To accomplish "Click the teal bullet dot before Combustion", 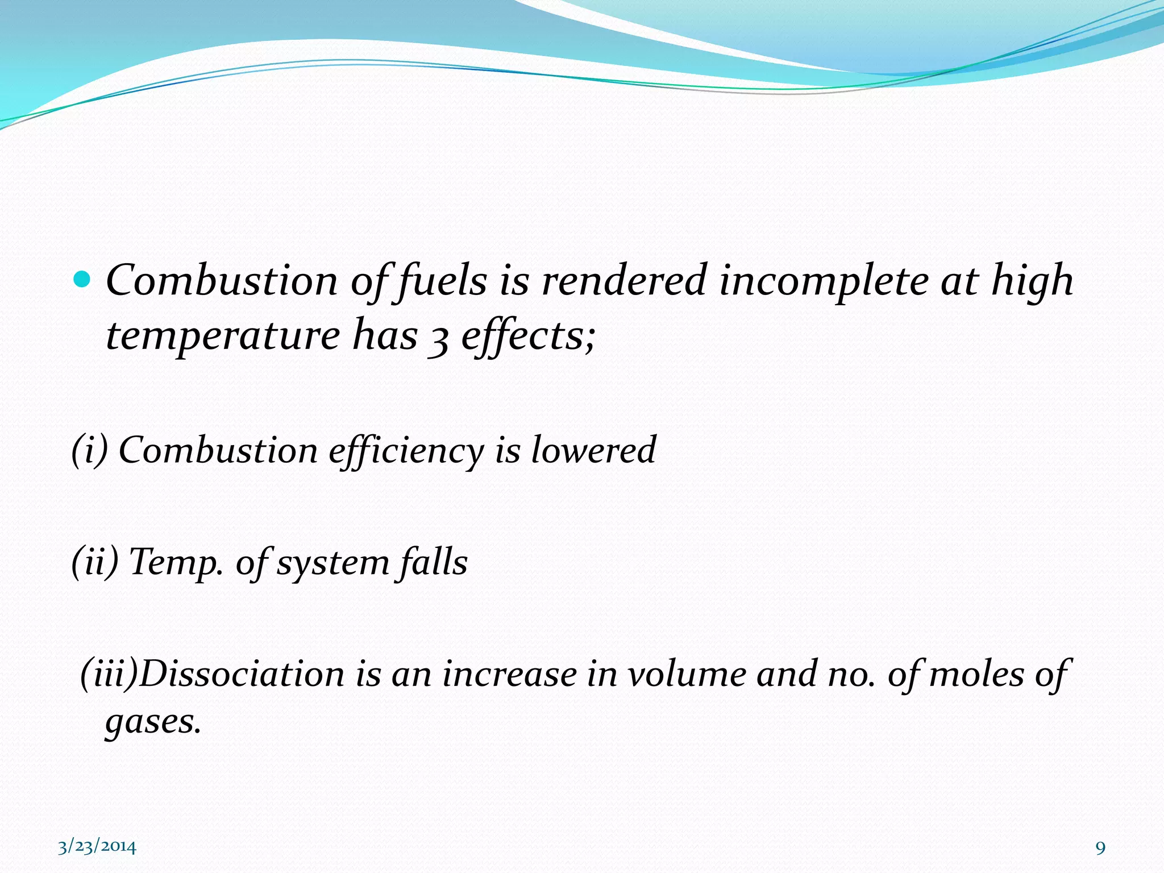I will tap(82, 280).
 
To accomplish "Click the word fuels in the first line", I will tap(442, 281).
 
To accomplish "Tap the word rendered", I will tap(624, 281).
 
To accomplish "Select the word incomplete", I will tap(824, 281).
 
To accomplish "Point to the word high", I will tap(1032, 282).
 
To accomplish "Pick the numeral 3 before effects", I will tap(438, 339).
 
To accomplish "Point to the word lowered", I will tap(593, 450).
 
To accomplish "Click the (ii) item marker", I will tap(95, 562).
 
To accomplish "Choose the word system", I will tap(333, 563).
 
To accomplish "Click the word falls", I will tap(433, 562).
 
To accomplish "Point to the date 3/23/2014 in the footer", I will tap(97, 847).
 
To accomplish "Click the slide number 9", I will tap(1100, 848).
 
